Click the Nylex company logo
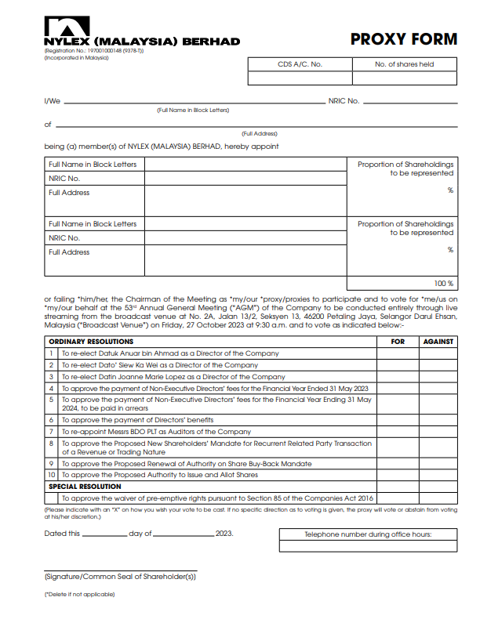(67, 26)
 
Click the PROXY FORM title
(403, 39)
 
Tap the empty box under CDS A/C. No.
(300, 78)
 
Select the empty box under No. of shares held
(404, 78)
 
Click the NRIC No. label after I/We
(344, 101)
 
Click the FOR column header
(397, 342)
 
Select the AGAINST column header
(438, 342)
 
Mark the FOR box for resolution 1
(397, 354)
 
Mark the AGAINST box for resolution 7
(438, 432)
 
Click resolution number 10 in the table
(51, 475)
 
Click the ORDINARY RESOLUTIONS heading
(91, 342)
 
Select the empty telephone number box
(368, 547)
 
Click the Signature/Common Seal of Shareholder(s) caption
(120, 577)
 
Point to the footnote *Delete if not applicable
(79, 595)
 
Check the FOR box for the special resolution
(397, 498)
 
